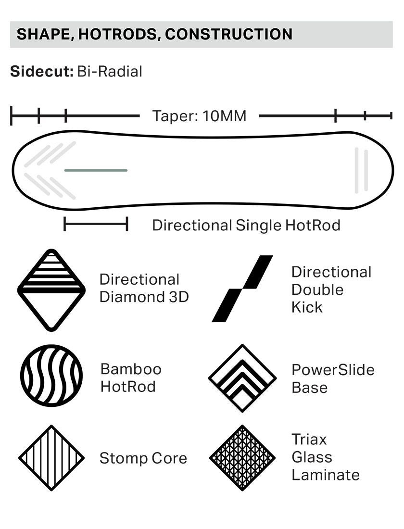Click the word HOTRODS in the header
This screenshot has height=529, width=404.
click(x=118, y=34)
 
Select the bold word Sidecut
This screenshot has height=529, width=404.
click(x=41, y=72)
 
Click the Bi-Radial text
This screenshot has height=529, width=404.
click(x=110, y=72)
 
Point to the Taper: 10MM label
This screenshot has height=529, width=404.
click(x=199, y=116)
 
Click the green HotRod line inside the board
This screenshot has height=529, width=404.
click(x=96, y=170)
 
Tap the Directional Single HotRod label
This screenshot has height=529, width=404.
click(x=246, y=225)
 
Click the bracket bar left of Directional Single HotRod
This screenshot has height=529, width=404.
click(x=96, y=224)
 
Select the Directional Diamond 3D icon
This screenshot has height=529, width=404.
click(x=51, y=290)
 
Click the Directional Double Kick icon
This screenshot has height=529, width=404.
click(x=243, y=289)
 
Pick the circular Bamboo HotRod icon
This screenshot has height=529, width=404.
click(x=51, y=376)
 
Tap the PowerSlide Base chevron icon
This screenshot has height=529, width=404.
click(x=242, y=378)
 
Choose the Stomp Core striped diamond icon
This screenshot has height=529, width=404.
click(x=51, y=458)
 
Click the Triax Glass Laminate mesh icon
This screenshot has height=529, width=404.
click(x=242, y=457)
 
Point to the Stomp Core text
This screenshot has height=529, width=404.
click(x=143, y=458)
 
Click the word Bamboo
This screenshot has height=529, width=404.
click(x=131, y=369)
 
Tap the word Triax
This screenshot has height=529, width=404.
click(x=309, y=440)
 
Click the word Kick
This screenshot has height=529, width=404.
click(x=307, y=307)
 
